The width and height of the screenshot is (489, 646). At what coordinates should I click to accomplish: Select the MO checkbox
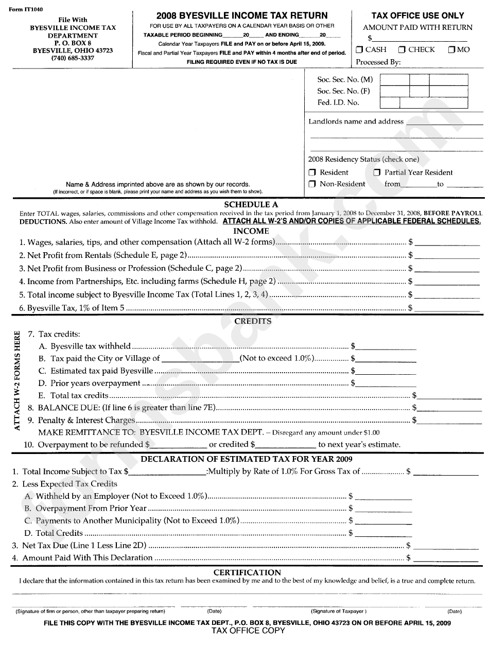(x=451, y=50)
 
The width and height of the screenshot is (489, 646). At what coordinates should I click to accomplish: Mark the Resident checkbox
(x=312, y=172)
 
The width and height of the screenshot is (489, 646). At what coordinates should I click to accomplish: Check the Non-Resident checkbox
(x=312, y=184)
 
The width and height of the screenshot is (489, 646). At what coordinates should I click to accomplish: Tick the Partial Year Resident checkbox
(x=377, y=172)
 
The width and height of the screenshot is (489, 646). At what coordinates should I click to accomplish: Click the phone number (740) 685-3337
(x=73, y=58)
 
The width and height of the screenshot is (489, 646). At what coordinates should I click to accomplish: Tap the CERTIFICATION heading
(x=247, y=572)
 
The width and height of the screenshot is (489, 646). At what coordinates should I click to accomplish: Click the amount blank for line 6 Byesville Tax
(x=447, y=308)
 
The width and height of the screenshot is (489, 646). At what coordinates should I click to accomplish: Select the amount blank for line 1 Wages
(x=447, y=242)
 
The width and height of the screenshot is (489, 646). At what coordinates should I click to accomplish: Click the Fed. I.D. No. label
(x=338, y=102)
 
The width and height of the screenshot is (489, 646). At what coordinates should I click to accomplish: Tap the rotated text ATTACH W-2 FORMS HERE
(x=18, y=381)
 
